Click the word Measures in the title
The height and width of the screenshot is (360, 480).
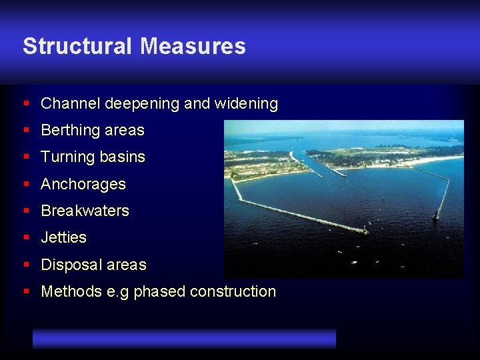click(x=193, y=46)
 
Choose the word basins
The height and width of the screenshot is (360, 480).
click(x=123, y=157)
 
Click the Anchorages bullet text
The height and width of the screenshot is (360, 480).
click(x=83, y=183)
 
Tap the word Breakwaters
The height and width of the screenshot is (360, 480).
click(x=85, y=210)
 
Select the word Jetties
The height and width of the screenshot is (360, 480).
click(x=63, y=237)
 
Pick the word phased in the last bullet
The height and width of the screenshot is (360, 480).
click(x=159, y=291)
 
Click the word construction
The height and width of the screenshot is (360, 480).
click(x=233, y=291)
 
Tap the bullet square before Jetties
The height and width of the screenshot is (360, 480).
click(x=26, y=237)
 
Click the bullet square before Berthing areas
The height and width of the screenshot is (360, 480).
click(x=26, y=130)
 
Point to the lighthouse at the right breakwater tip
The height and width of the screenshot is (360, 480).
click(x=436, y=215)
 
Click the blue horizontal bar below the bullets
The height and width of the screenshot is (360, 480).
click(x=184, y=338)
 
